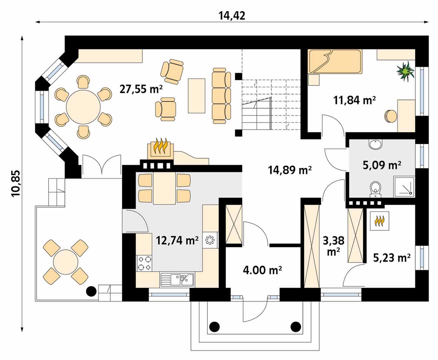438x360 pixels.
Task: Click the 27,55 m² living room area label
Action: (x=141, y=89)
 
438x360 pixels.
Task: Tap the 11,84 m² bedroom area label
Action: (x=354, y=100)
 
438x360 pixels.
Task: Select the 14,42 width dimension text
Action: (x=232, y=16)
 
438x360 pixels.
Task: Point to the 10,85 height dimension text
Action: (x=16, y=184)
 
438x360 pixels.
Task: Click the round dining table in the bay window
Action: (x=83, y=107)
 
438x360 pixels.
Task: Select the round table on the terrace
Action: (x=66, y=262)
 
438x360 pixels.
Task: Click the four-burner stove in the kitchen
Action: (x=144, y=263)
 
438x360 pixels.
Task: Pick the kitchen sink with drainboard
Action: (x=177, y=280)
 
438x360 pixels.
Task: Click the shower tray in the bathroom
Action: (x=404, y=187)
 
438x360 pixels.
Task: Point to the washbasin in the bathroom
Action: (x=375, y=144)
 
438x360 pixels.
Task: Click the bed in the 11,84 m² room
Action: (x=335, y=61)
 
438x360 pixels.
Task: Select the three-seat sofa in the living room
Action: (x=221, y=96)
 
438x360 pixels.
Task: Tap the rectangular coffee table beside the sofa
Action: (x=196, y=96)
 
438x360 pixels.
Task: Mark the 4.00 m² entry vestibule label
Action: (x=262, y=270)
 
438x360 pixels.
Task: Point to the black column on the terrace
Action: (x=91, y=291)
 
